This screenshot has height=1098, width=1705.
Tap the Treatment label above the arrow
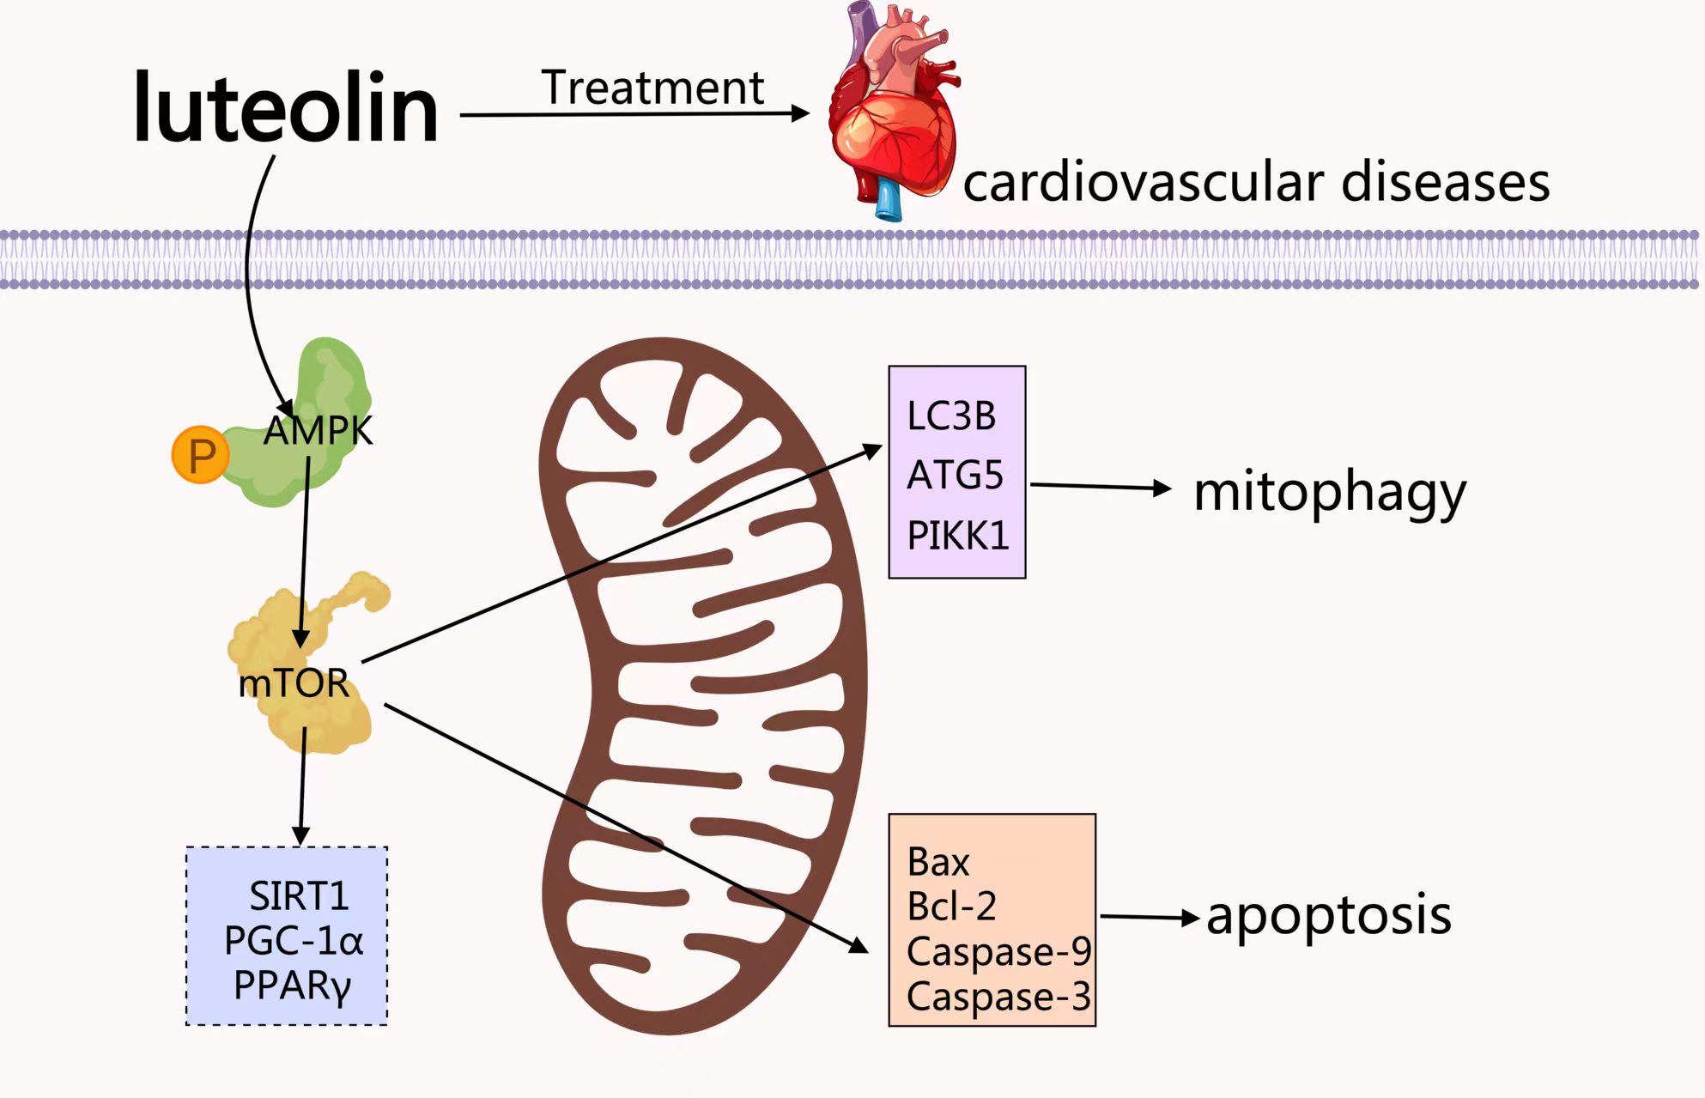652,88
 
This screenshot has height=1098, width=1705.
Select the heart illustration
893,112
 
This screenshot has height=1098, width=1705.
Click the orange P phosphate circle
201,455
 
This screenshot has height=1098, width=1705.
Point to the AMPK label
319,430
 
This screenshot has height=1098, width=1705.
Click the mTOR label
294,683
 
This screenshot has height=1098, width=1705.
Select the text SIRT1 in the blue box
299,896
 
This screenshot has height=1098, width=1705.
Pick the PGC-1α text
294,941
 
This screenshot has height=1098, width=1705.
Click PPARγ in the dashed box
293,986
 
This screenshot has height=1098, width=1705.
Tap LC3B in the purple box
951,416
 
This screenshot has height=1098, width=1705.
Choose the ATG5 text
955,476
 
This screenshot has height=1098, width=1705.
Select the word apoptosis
1329,915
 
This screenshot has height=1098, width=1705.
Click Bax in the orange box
938,862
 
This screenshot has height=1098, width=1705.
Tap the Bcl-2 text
951,907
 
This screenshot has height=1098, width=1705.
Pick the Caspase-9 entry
998,951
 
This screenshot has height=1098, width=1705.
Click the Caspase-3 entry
998,997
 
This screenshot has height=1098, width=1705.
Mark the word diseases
1445,182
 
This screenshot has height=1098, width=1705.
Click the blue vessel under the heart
889,200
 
